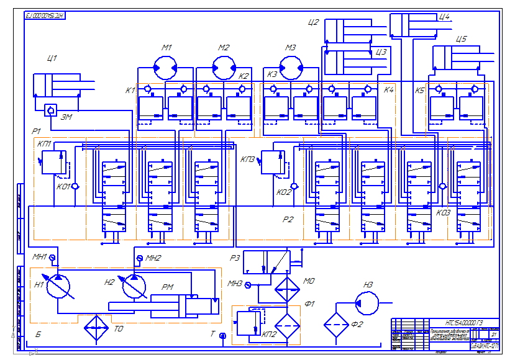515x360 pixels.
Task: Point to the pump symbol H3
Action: tap(367, 302)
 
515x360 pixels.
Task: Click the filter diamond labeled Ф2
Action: tap(335, 322)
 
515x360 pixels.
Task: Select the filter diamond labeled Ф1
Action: tap(287, 323)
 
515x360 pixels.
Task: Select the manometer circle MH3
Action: tap(248, 286)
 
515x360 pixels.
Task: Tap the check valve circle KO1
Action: tap(75, 186)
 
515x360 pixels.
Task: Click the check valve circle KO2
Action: tap(293, 186)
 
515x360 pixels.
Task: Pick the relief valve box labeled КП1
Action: tap(54, 161)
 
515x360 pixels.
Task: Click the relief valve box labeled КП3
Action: tap(273, 162)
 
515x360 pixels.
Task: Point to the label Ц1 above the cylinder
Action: tap(52, 59)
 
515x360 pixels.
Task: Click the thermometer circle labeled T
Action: tap(222, 336)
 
